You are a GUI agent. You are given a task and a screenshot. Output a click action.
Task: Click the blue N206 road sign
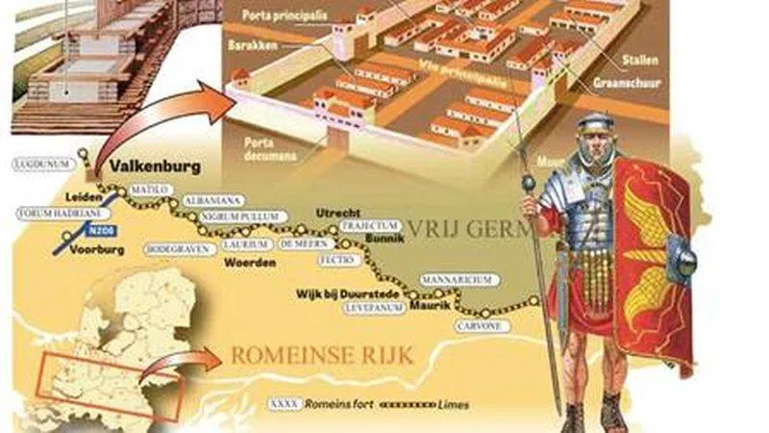[x=98, y=231]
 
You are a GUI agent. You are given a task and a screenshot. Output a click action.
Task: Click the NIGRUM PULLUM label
[x=234, y=217]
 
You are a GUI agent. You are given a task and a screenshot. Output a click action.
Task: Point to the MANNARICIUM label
[x=458, y=279]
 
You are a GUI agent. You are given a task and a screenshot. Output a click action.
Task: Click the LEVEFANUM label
[x=375, y=308]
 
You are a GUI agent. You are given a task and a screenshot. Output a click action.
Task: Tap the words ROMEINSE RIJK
[x=322, y=356]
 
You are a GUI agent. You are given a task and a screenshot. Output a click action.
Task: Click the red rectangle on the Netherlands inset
[x=107, y=388]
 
